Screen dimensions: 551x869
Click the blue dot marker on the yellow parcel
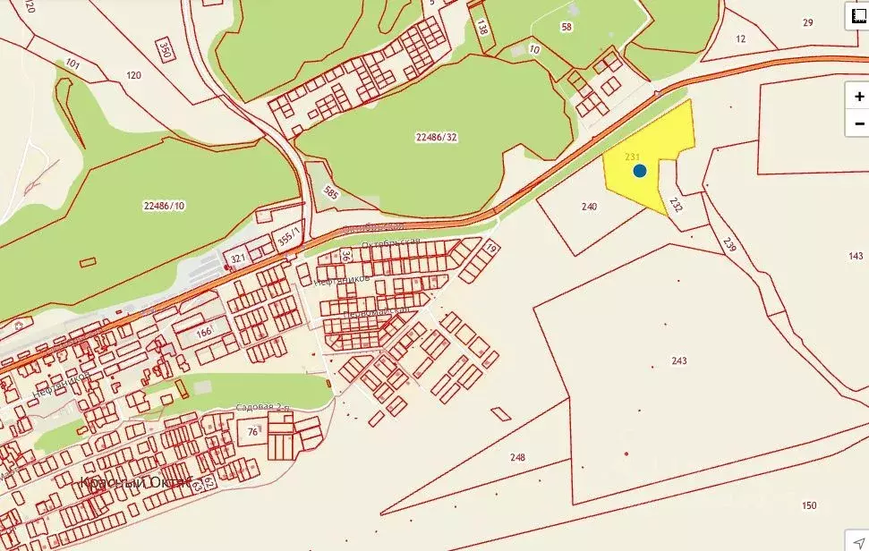click(639, 171)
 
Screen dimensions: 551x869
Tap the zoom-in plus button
click(858, 97)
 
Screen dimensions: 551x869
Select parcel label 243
click(679, 360)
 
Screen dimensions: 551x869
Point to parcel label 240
click(588, 207)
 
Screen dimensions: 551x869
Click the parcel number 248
click(517, 457)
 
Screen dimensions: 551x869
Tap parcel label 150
click(809, 505)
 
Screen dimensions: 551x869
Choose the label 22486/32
click(436, 137)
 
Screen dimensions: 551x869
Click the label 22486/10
click(163, 205)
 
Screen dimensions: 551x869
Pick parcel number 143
click(855, 256)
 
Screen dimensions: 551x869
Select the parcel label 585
click(331, 191)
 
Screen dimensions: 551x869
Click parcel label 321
click(238, 259)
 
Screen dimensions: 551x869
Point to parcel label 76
click(252, 432)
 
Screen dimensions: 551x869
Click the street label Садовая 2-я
click(263, 408)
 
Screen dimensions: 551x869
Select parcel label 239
click(728, 243)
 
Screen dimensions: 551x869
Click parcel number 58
click(566, 27)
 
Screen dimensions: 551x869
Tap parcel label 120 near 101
click(134, 75)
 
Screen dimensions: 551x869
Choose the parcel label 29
click(808, 22)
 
